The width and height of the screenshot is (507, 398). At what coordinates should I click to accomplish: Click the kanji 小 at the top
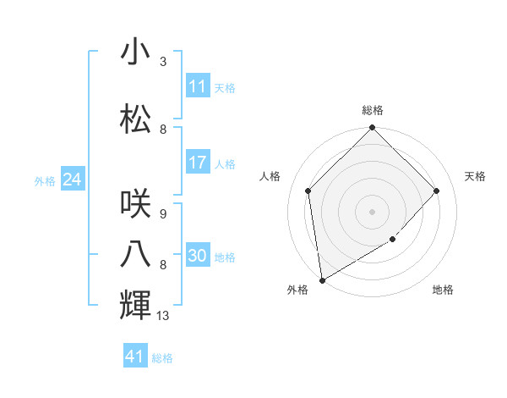click(x=135, y=53)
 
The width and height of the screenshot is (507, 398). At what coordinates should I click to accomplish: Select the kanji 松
click(x=135, y=119)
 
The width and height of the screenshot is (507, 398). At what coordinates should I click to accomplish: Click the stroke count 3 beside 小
click(x=163, y=62)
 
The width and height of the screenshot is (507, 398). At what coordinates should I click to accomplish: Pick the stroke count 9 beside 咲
click(x=163, y=214)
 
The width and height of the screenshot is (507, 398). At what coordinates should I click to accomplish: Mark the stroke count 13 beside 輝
click(x=164, y=316)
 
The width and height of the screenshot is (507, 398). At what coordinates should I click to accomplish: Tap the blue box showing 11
click(x=198, y=86)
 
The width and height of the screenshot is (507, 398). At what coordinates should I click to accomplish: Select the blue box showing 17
click(x=198, y=163)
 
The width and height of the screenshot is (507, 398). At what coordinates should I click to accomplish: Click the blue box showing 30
click(x=198, y=256)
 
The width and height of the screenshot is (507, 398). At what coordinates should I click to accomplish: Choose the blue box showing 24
click(x=72, y=180)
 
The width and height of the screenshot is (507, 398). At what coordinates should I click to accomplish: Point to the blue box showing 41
click(x=135, y=357)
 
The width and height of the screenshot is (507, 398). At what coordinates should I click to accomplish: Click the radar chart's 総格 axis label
click(x=373, y=110)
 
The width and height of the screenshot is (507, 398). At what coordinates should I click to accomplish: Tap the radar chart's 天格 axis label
click(x=476, y=176)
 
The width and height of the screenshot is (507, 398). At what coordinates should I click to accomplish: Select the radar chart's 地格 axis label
click(x=443, y=290)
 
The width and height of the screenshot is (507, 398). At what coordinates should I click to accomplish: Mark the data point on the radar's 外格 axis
click(x=322, y=280)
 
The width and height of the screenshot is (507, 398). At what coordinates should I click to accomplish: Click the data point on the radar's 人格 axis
click(x=308, y=191)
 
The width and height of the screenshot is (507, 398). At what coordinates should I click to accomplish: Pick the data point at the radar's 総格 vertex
click(x=373, y=129)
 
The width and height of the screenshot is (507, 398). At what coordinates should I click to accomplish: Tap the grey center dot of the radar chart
click(x=373, y=211)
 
